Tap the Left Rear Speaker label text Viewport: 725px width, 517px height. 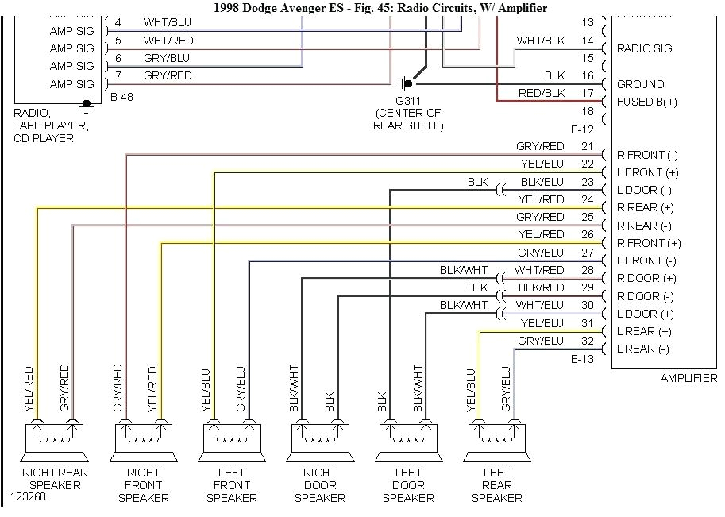[496, 484]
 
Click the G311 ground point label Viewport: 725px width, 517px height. [408, 100]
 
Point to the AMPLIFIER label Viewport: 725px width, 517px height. [688, 379]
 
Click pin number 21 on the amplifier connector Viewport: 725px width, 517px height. [587, 146]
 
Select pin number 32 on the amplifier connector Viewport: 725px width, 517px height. [587, 340]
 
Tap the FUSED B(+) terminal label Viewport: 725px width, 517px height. [647, 102]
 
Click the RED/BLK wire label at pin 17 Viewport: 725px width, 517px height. [542, 93]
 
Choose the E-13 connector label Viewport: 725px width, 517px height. [582, 359]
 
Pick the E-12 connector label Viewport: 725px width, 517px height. [582, 129]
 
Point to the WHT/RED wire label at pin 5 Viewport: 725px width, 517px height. [168, 41]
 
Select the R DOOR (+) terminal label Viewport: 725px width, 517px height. [646, 278]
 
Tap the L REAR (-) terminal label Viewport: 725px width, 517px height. [643, 349]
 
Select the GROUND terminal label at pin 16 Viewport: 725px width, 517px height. [640, 84]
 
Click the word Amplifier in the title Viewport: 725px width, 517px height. [519, 8]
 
